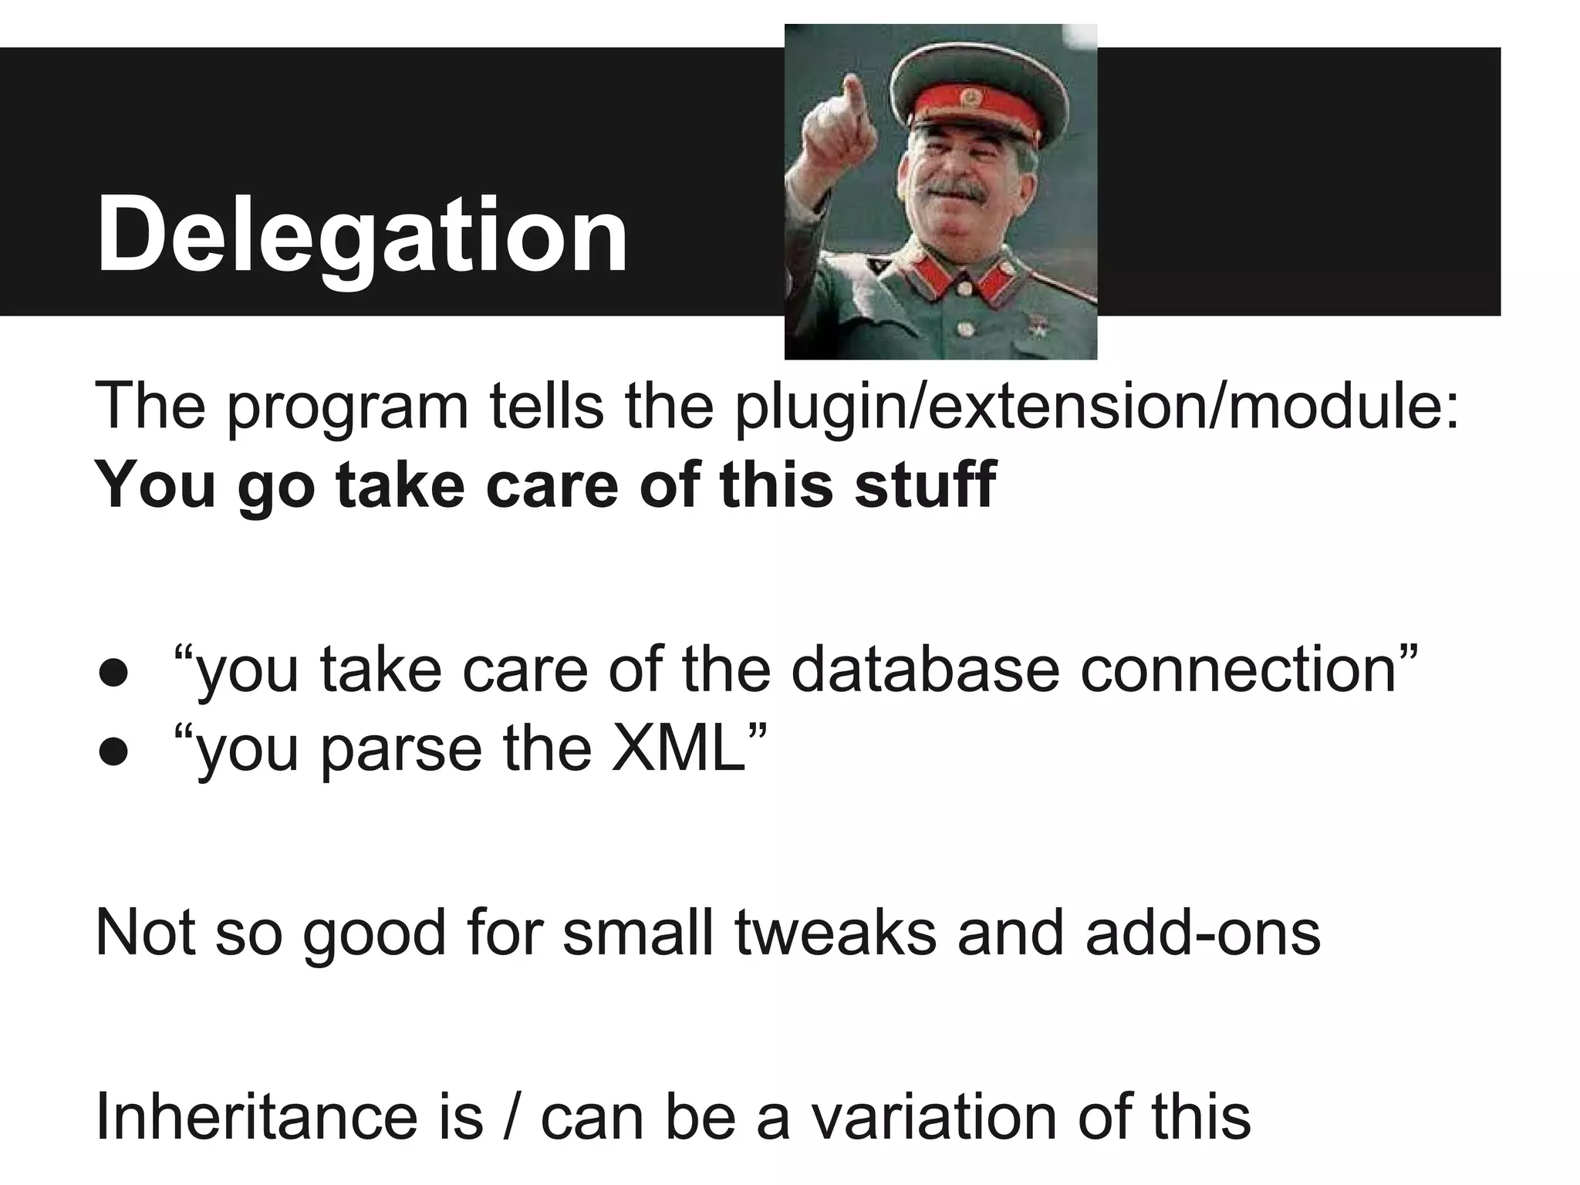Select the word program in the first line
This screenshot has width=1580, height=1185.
click(348, 409)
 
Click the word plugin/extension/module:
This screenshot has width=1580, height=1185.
click(1096, 409)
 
